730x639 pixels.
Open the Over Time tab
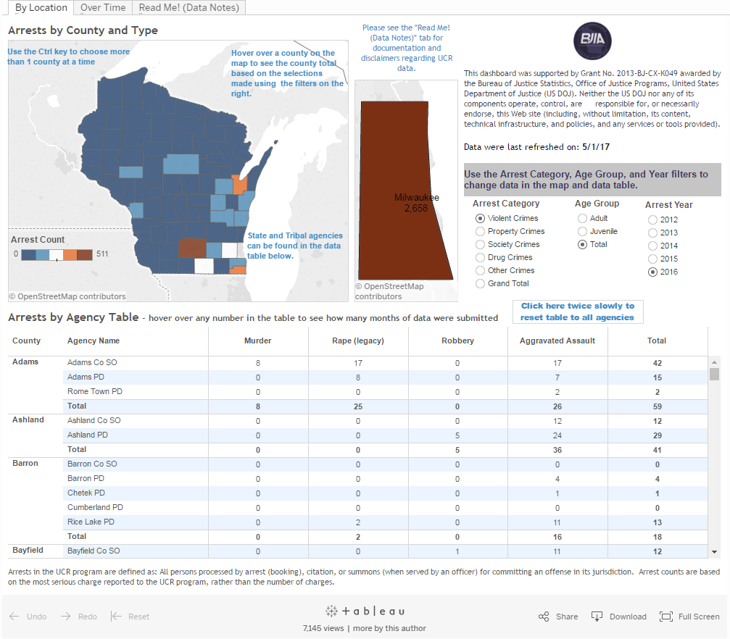point(103,7)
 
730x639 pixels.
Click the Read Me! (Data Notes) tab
point(188,7)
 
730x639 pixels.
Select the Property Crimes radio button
point(480,231)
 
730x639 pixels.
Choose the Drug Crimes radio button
point(480,257)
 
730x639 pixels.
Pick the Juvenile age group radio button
point(582,231)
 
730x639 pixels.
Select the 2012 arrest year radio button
point(653,220)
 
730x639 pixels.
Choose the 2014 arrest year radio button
point(653,246)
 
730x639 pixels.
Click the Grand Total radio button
point(480,283)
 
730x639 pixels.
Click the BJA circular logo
point(592,42)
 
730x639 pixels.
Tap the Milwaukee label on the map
point(416,197)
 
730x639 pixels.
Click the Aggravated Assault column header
point(557,341)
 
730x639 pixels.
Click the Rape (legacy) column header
point(358,341)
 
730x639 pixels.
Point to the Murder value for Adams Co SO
point(257,362)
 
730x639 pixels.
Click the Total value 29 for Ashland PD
point(657,435)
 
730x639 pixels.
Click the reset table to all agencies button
point(577,312)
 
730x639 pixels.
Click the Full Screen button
point(689,617)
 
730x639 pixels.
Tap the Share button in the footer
point(558,617)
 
